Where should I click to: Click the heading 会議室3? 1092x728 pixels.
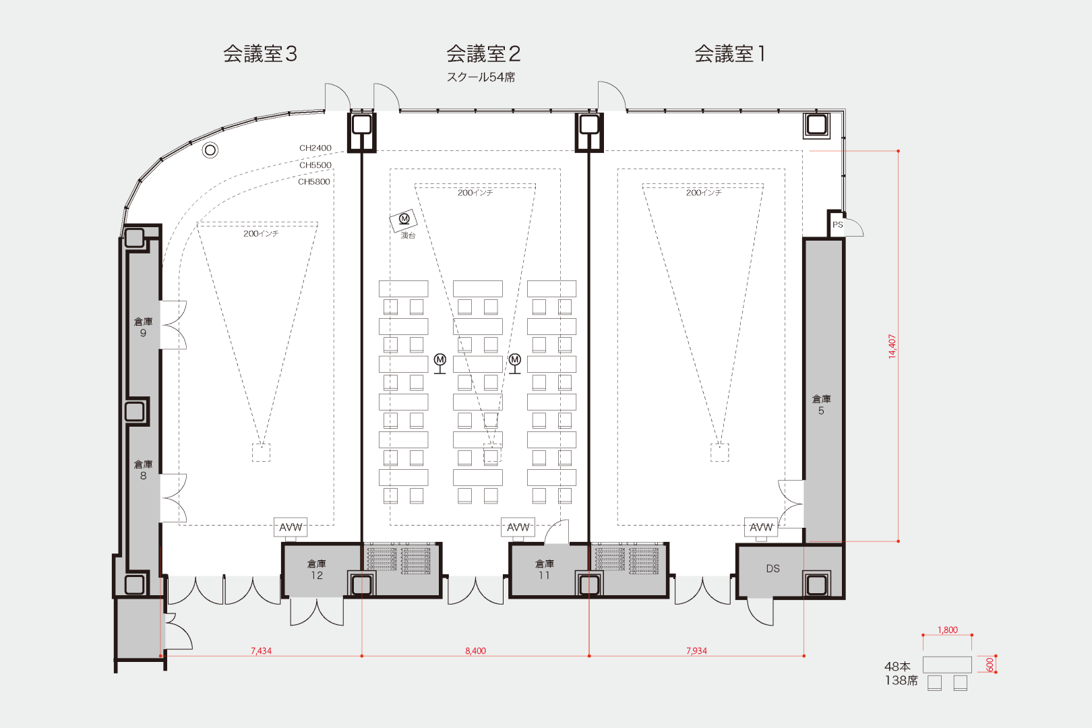260,54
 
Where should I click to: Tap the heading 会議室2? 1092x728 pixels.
483,54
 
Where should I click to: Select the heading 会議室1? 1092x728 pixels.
729,54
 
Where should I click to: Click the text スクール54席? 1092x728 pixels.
481,77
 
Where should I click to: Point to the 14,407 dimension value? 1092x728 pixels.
892,346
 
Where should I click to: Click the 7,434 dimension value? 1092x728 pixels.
261,650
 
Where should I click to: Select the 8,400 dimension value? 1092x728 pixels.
475,650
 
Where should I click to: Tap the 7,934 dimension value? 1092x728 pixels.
696,650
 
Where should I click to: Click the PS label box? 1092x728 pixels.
837,224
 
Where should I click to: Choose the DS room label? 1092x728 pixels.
772,568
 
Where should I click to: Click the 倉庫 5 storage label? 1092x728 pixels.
821,404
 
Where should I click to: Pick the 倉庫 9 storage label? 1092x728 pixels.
144,327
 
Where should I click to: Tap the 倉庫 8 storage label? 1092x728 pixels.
144,470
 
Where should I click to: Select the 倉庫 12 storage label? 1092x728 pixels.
316,570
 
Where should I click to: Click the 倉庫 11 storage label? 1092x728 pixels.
544,570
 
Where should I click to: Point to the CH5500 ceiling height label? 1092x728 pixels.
315,165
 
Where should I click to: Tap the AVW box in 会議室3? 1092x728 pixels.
291,527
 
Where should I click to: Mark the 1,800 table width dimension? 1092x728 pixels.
947,630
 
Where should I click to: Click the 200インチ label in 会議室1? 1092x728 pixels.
704,193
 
